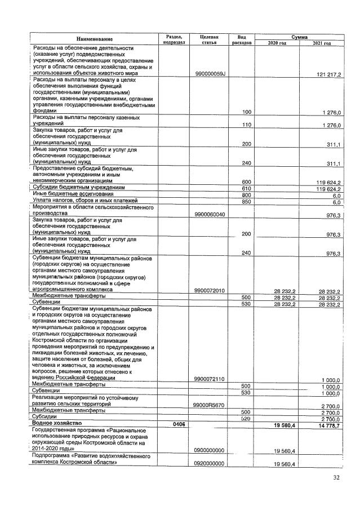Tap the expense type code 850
pos(246,202)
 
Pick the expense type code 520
pos(246,419)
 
